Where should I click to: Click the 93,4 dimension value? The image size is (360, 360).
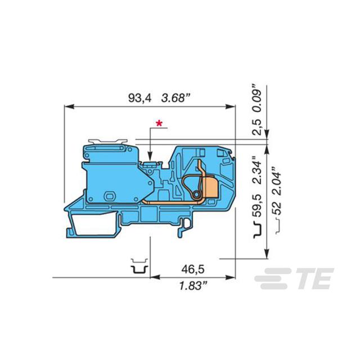[140, 98]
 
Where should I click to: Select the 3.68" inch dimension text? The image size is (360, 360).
[176, 98]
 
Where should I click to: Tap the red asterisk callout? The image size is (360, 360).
[159, 123]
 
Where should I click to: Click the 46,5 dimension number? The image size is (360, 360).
[193, 269]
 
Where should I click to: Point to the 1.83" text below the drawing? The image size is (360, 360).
[193, 286]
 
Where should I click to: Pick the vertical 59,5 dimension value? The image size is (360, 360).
[257, 205]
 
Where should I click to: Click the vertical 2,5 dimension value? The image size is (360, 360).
[257, 127]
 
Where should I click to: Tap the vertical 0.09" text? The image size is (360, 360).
[257, 98]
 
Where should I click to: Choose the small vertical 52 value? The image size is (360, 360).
[277, 208]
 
